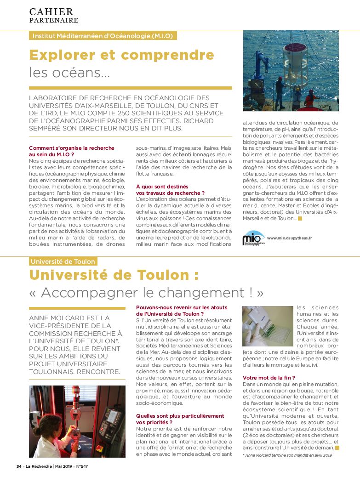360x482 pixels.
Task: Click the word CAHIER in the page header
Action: pos(51,11)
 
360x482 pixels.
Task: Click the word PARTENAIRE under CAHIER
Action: pos(54,20)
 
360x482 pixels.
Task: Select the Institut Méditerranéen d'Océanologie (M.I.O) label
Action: pos(103,36)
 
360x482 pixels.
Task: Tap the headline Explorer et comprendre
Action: pos(121,56)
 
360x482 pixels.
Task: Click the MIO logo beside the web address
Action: pos(253,238)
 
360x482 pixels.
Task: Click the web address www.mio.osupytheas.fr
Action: pos(289,238)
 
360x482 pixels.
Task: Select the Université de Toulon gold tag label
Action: pos(63,261)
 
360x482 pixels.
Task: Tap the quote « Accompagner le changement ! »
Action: pos(147,292)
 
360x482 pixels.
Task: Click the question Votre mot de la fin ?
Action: pos(269,378)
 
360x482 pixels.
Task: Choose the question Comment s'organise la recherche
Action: pos(71,148)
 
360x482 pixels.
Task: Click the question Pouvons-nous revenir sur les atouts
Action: pos(182,307)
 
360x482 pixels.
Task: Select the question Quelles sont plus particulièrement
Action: pos(180,416)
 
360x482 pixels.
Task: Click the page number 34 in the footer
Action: pos(19,466)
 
